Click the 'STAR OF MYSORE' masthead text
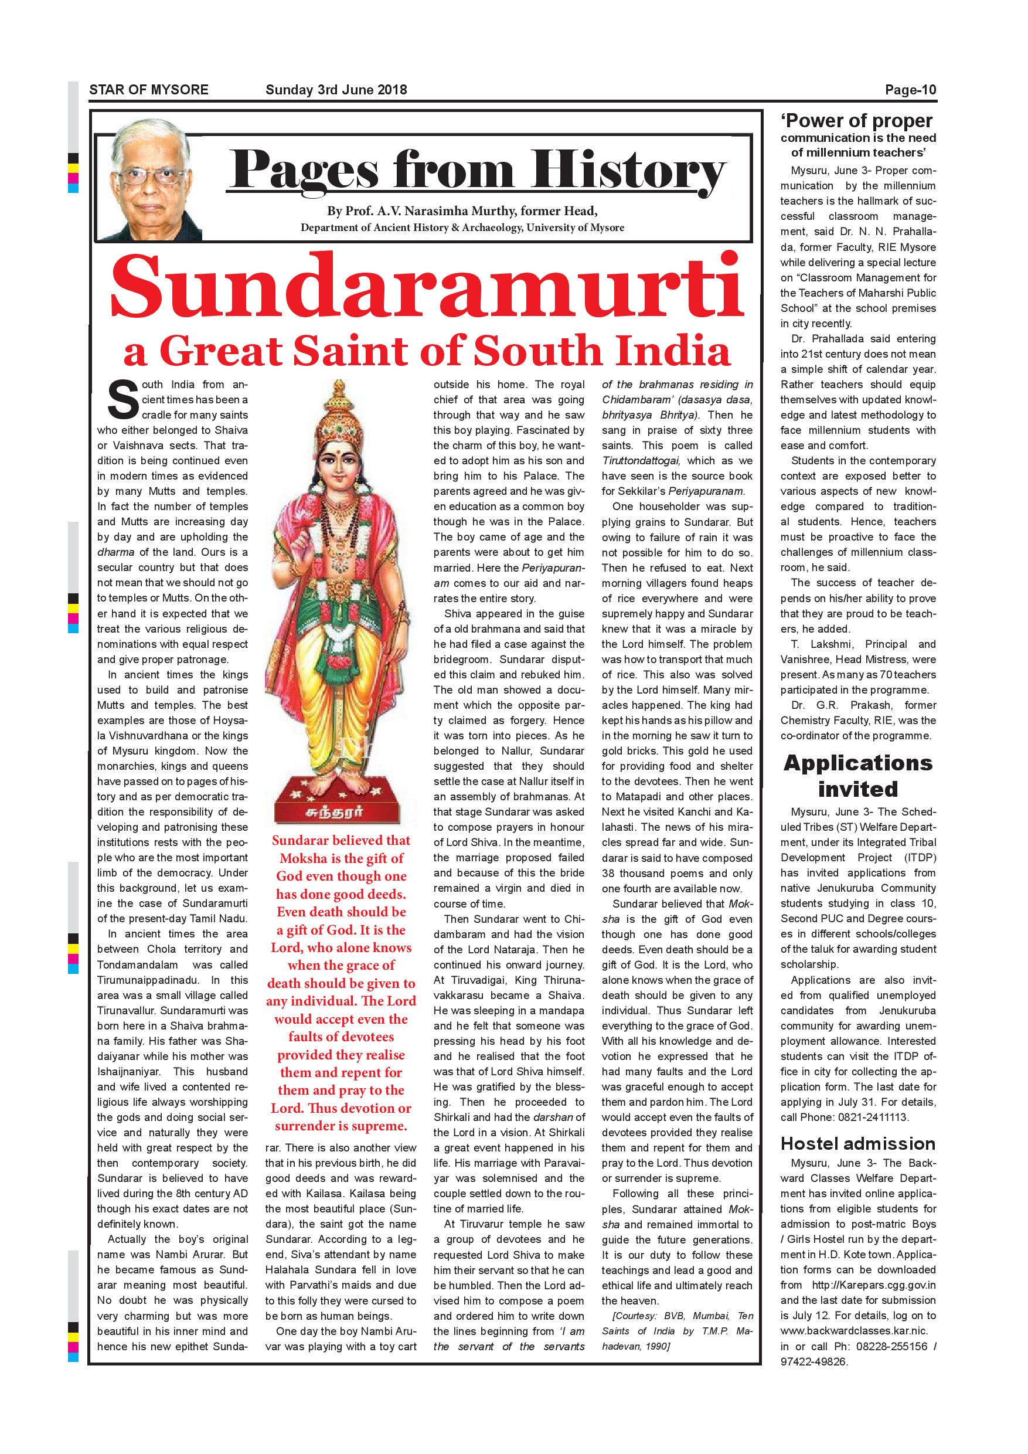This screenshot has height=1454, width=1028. [148, 90]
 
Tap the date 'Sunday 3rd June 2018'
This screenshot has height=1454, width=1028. [336, 90]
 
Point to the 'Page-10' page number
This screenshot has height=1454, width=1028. [910, 90]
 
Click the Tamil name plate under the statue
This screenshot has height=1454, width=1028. [340, 812]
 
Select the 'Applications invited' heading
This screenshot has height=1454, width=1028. [857, 776]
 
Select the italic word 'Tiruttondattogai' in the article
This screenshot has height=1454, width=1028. [641, 461]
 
